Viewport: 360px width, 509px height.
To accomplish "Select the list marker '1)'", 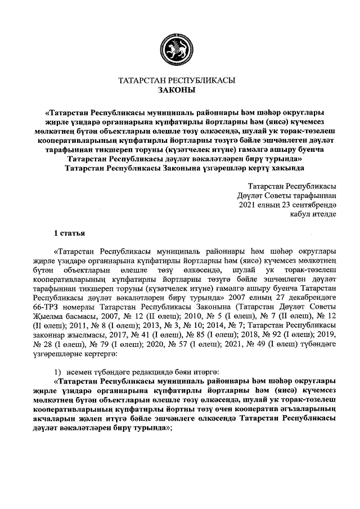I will click(x=57, y=373).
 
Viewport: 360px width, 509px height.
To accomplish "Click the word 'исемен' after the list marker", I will click(x=79, y=373).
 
